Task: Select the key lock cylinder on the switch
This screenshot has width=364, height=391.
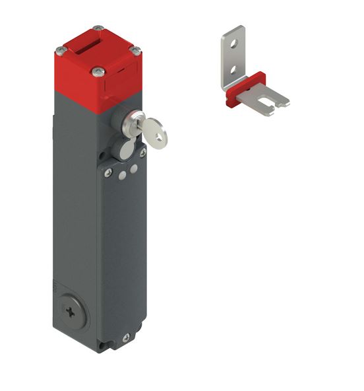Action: coord(132,122)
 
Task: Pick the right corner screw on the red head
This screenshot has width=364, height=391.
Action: coord(136,48)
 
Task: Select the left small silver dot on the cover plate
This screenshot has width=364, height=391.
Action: coord(124,174)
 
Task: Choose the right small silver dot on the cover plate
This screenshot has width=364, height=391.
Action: coord(134,169)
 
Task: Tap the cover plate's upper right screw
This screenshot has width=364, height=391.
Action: coord(142,153)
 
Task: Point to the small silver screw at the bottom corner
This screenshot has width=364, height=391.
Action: coord(125,338)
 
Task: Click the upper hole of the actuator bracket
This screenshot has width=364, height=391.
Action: coord(231,46)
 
